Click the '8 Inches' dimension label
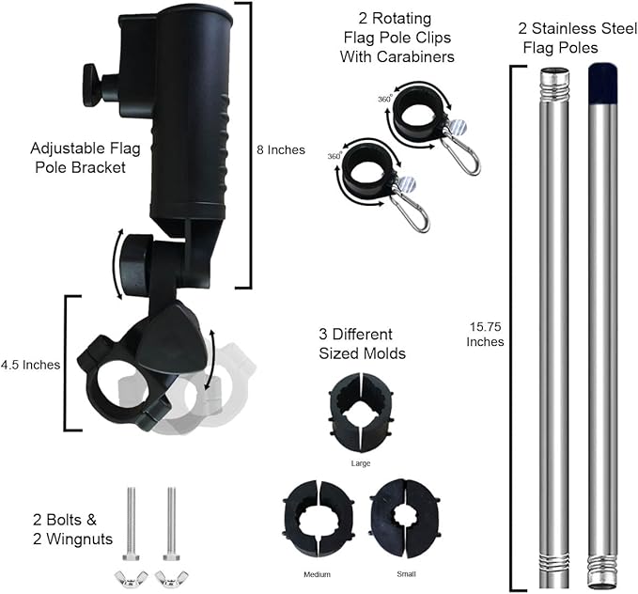(x=281, y=149)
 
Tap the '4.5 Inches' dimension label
(x=30, y=365)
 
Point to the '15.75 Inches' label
(x=485, y=335)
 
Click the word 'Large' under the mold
(x=361, y=463)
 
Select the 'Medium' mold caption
(x=317, y=574)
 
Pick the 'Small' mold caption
(x=406, y=574)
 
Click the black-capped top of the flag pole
(x=603, y=83)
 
